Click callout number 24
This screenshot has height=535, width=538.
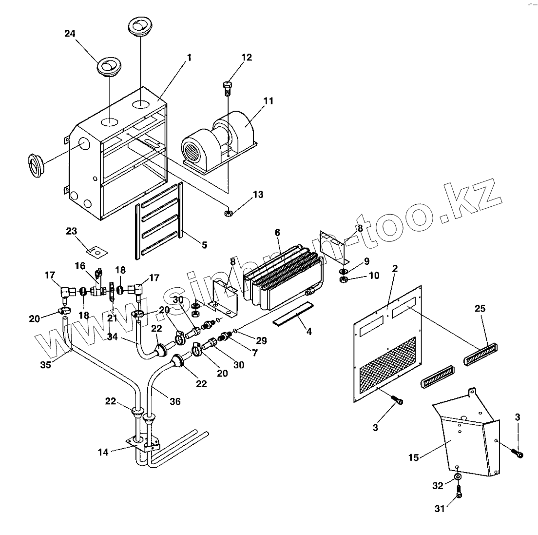point(70,33)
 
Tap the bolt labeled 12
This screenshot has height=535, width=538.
point(227,88)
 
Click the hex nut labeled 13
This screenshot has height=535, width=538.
point(228,212)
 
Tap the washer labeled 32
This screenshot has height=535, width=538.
point(458,476)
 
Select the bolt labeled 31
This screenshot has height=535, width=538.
point(459,494)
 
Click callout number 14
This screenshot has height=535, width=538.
point(103,452)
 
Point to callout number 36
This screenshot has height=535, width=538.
point(174,401)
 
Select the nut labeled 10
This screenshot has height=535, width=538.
point(343,279)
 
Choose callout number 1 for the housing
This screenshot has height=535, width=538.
point(189,58)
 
